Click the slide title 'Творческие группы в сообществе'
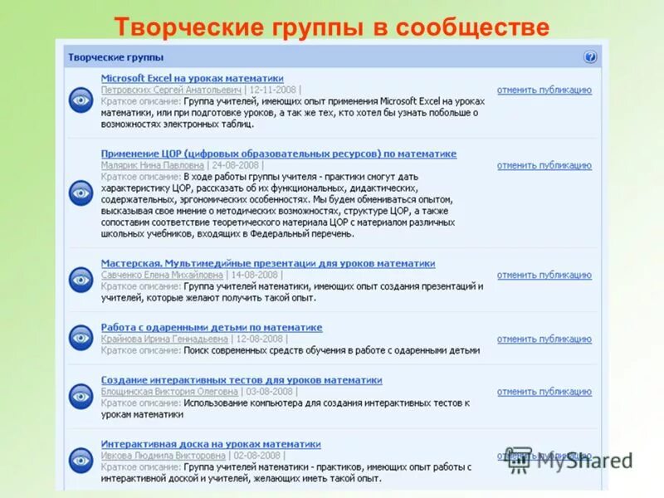(x=331, y=27)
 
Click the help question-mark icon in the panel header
(x=590, y=57)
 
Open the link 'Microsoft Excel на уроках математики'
(x=192, y=78)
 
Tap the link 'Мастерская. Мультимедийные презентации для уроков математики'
(x=267, y=263)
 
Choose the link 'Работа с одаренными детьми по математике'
(x=211, y=328)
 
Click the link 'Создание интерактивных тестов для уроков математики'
(x=241, y=380)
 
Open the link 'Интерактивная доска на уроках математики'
(x=210, y=444)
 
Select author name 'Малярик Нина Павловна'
(x=152, y=165)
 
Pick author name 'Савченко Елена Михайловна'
(x=162, y=275)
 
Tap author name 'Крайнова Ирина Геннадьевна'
(x=164, y=339)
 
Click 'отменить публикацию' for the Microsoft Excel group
(x=544, y=90)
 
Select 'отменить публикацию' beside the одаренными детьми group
(x=544, y=339)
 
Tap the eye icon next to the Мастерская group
(x=81, y=279)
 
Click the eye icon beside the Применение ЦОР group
(x=81, y=193)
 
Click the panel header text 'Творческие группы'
(x=115, y=57)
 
